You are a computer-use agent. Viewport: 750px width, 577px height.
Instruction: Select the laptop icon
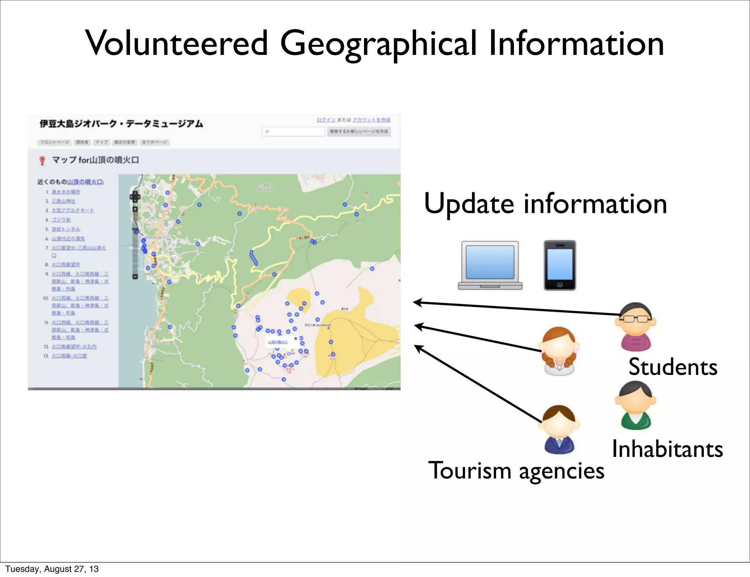pos(490,265)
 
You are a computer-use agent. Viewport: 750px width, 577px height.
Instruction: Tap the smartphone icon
pos(560,265)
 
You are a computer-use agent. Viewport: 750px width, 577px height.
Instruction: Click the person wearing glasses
pos(636,326)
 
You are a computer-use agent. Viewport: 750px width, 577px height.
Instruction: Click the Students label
pos(673,367)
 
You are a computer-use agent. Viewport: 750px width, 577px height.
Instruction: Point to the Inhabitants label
pos(667,449)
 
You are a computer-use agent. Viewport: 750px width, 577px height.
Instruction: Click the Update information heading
pos(545,204)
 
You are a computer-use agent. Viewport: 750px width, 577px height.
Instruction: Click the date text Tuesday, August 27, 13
pos(52,569)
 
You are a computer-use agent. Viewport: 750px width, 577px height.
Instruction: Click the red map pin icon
pos(42,160)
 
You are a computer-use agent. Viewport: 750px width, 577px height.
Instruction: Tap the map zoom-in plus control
pos(135,197)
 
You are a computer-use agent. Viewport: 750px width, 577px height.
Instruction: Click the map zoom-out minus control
pos(135,276)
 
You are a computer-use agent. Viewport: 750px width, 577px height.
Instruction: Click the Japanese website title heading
pos(121,124)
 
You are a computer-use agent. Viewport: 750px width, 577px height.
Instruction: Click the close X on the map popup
pos(296,338)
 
